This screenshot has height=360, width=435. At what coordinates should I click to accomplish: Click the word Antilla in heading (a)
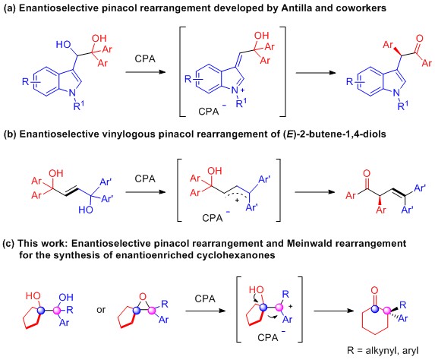click(297, 8)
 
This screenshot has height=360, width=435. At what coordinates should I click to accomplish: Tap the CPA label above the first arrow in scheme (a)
click(145, 58)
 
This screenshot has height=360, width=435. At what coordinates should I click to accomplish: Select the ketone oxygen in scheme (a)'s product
click(420, 39)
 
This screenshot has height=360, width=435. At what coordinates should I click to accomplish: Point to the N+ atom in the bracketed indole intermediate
click(236, 90)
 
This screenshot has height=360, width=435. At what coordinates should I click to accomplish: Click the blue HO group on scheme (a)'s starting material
click(63, 44)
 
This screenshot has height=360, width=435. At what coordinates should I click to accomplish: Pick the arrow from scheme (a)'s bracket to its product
click(316, 73)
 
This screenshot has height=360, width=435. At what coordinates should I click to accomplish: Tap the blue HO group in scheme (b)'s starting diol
click(86, 210)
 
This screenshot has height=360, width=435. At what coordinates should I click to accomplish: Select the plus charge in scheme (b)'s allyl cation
click(237, 200)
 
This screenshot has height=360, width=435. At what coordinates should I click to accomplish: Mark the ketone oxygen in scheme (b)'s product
click(367, 173)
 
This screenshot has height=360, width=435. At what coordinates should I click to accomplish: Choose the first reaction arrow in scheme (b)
click(145, 192)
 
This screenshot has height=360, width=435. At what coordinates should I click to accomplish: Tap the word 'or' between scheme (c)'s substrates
click(101, 309)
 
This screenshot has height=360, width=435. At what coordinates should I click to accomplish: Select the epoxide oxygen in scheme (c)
click(143, 297)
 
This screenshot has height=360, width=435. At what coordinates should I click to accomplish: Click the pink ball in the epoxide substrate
click(152, 311)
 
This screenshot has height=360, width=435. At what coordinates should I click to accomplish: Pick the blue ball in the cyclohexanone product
click(375, 308)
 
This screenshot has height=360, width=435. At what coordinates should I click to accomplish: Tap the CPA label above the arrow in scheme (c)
click(205, 299)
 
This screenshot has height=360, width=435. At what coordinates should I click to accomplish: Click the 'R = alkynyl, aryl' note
click(383, 351)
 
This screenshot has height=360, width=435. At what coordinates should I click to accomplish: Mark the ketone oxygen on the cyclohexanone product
click(374, 291)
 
